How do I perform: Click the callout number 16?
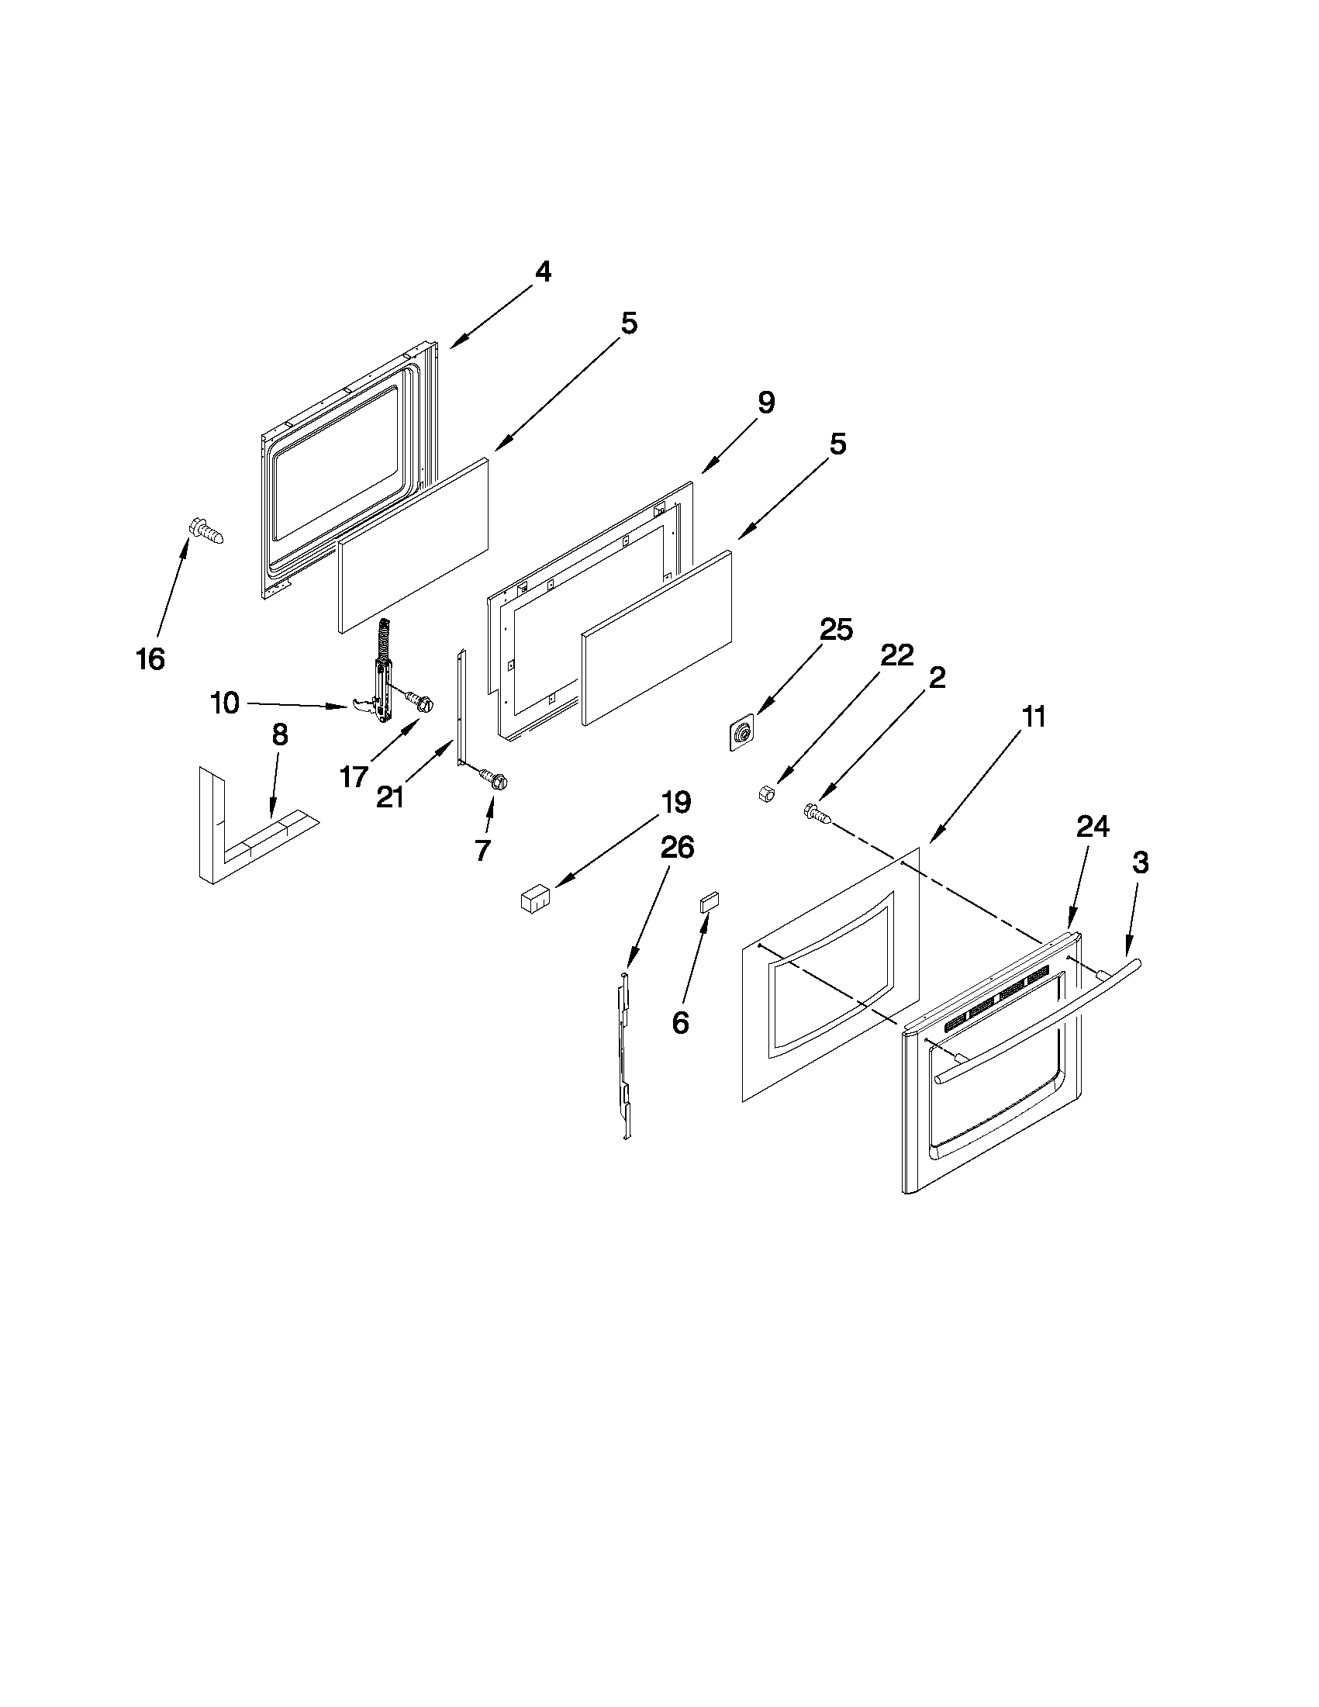tap(150, 659)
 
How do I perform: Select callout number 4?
tap(542, 272)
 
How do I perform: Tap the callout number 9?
tap(766, 403)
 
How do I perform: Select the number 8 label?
tap(279, 735)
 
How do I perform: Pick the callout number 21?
tap(390, 797)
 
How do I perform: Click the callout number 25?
tap(835, 630)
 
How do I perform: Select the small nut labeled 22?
tap(767, 795)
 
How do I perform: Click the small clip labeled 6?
tap(709, 903)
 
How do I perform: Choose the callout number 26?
tap(677, 847)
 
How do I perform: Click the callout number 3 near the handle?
tap(1140, 863)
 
